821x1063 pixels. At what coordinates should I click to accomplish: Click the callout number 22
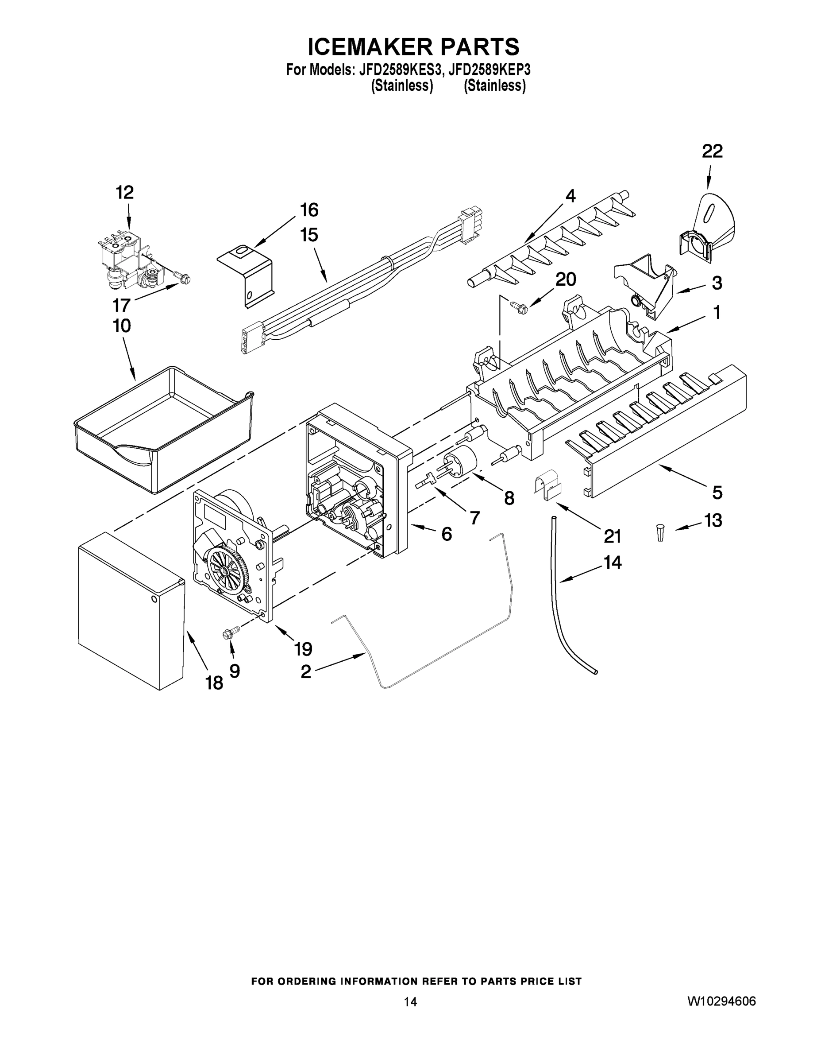(x=712, y=151)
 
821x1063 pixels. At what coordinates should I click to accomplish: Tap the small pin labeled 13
(x=660, y=531)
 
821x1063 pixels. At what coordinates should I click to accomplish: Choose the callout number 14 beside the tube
(x=613, y=563)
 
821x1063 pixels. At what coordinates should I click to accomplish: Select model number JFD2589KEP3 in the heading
(x=490, y=70)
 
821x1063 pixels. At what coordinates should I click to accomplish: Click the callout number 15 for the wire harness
(x=309, y=235)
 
